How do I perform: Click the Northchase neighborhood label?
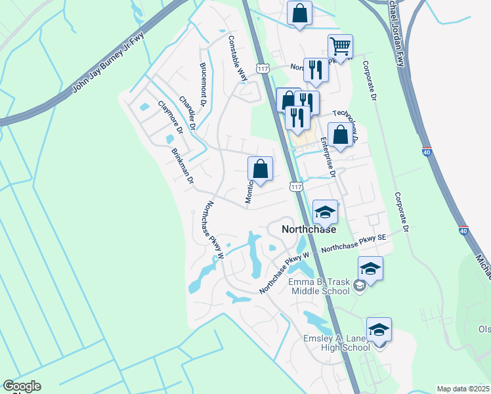[309, 230]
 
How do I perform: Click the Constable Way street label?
[237, 57]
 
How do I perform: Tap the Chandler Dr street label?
[188, 114]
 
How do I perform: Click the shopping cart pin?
[340, 46]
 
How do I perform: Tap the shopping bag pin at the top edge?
[299, 13]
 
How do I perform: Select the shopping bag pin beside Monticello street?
[261, 169]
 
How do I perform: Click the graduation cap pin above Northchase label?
[325, 211]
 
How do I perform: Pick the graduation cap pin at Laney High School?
[379, 330]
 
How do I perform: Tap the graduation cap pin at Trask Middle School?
[370, 269]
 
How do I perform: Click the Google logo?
[22, 386]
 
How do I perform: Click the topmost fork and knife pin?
[316, 70]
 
